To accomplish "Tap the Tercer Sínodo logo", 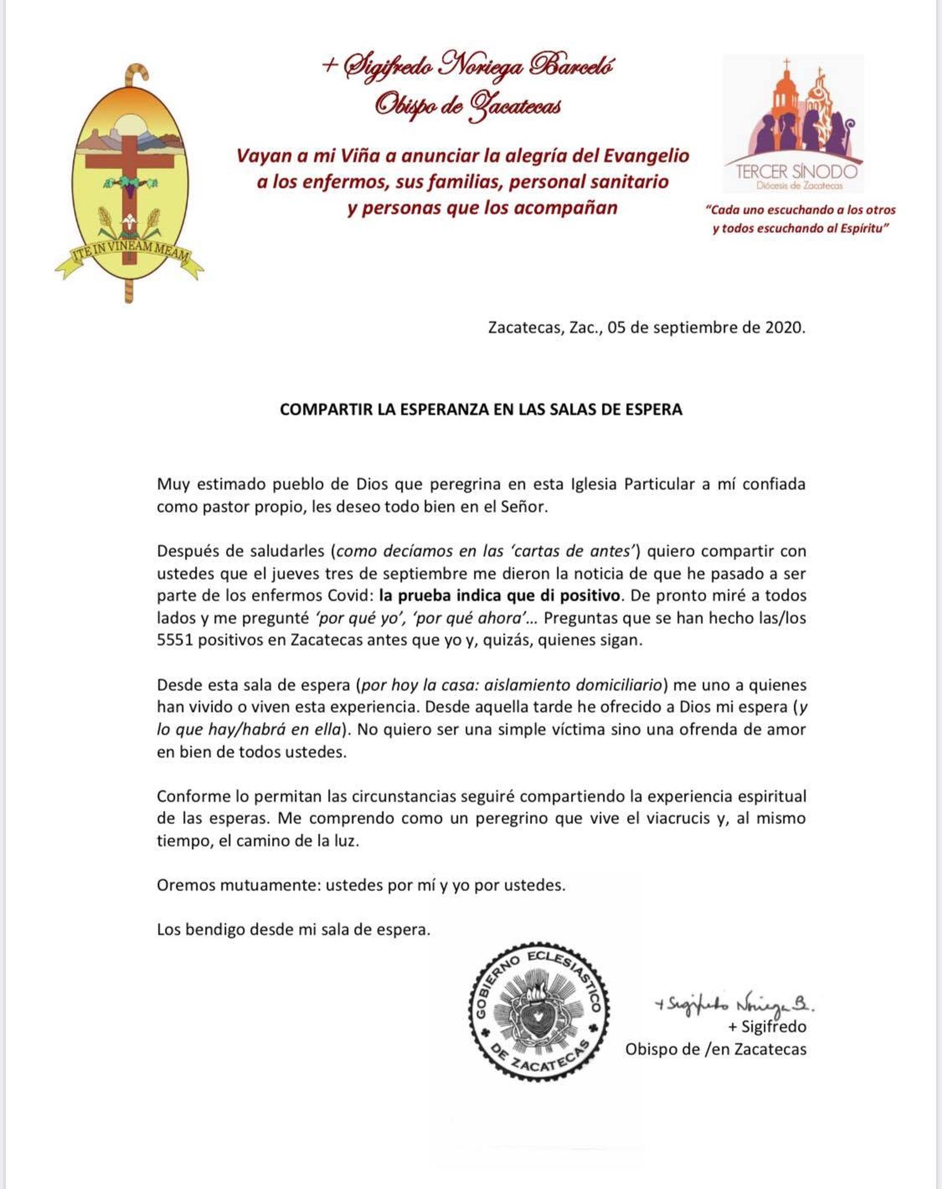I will tap(792, 124).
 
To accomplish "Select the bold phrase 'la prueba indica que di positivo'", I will tap(499, 596).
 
